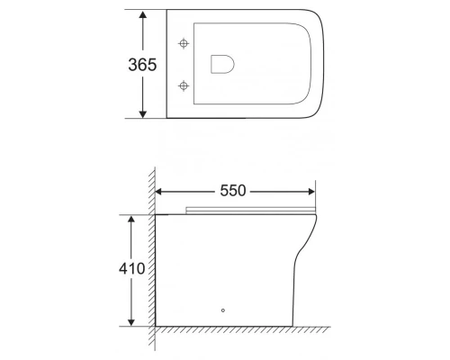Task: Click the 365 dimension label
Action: pos(143,65)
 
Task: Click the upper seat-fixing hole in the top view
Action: pos(185,43)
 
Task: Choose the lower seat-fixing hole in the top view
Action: pos(185,85)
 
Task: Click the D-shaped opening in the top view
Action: pos(221,64)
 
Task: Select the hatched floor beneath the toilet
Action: pos(243,330)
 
